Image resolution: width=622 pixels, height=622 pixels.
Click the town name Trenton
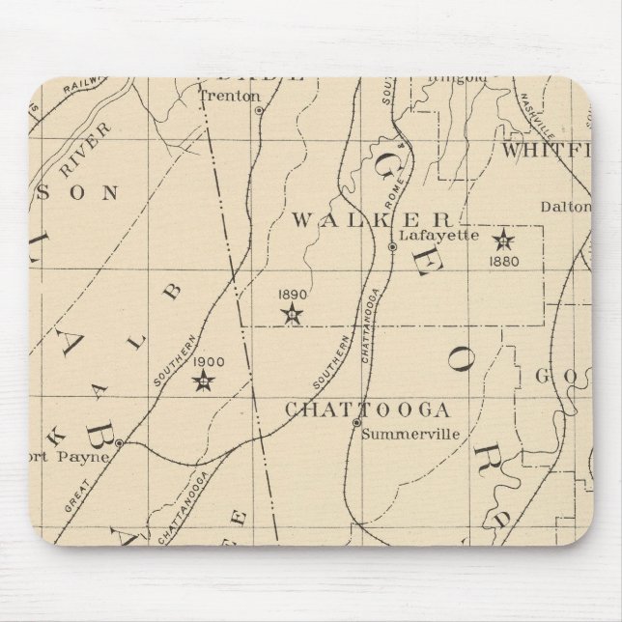229,96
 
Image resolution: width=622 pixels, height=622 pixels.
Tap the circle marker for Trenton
259,111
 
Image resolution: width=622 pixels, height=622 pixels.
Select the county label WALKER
372,219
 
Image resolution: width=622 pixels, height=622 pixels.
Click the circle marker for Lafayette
392,247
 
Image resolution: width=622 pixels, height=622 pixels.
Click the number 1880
503,260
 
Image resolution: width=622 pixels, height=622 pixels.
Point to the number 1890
291,294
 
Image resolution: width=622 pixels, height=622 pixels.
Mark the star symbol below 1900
204,382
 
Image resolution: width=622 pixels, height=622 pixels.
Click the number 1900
209,362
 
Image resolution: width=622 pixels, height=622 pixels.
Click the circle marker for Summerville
355,423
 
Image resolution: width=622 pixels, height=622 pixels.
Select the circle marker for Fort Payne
118,443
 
